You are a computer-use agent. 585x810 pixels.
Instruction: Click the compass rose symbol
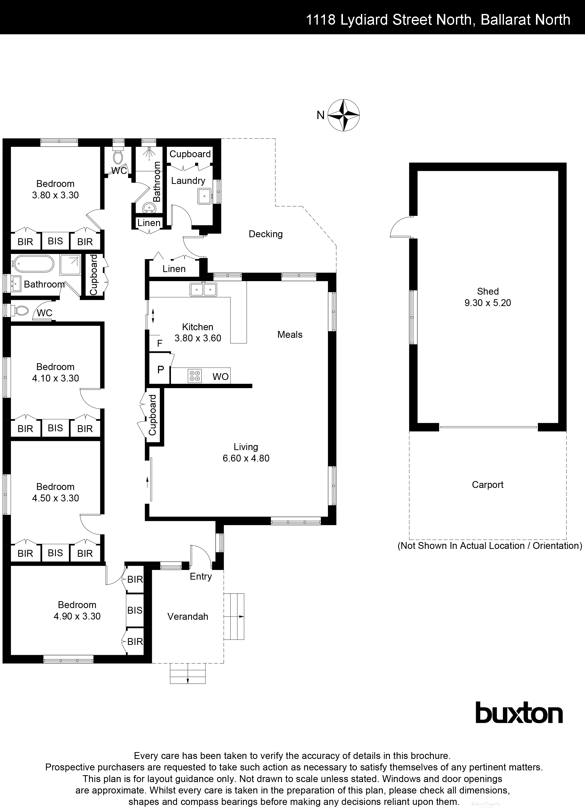[344, 115]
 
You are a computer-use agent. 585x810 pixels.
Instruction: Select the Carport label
[487, 485]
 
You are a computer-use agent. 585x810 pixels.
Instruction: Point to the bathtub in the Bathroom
[32, 264]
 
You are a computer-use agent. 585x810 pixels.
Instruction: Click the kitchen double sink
[203, 289]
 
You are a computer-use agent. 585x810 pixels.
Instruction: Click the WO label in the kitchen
[220, 377]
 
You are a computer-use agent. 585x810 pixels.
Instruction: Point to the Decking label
[265, 234]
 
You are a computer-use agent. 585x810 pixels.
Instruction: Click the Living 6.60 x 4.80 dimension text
[246, 458]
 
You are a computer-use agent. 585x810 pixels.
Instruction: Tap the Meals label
[290, 335]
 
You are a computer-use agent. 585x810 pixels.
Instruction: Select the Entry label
[201, 576]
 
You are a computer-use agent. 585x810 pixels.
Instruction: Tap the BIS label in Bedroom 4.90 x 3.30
[135, 610]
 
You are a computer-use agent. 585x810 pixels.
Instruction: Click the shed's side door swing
[401, 228]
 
